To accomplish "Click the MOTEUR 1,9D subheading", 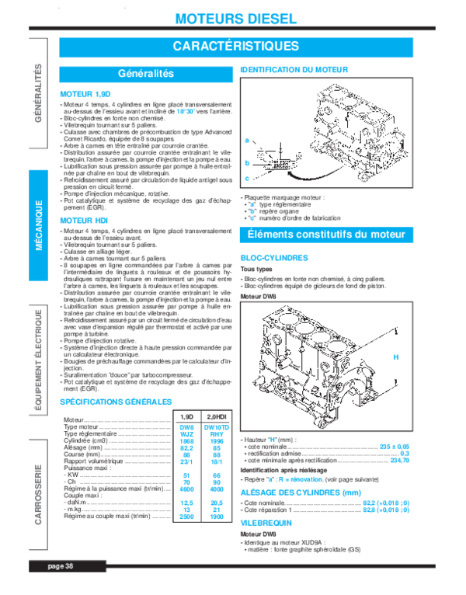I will click(82, 93).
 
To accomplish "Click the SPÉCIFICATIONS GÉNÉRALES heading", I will click(116, 402).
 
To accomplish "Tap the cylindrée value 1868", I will click(186, 441).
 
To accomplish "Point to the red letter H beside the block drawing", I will click(395, 357).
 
